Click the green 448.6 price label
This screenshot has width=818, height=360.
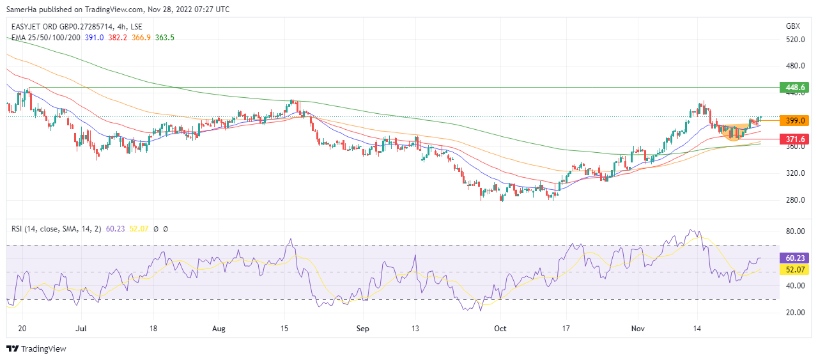coord(794,87)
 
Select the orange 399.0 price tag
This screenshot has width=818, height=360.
coord(794,120)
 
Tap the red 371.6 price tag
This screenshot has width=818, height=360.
coord(794,139)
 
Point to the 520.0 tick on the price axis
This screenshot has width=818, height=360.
coord(795,40)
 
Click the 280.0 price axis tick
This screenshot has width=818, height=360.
coord(795,200)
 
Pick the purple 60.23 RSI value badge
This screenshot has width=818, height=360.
coord(795,258)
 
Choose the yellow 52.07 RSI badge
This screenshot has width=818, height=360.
coord(795,270)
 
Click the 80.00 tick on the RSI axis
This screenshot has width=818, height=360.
coord(795,231)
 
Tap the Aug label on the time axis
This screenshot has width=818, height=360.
coord(219,329)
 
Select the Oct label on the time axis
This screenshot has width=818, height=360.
coord(500,329)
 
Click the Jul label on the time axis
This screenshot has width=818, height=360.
coord(81,329)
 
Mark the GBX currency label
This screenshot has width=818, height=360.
coord(792,26)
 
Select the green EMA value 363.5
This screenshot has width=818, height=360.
coord(164,38)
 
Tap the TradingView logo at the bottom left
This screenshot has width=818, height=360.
coord(36,348)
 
